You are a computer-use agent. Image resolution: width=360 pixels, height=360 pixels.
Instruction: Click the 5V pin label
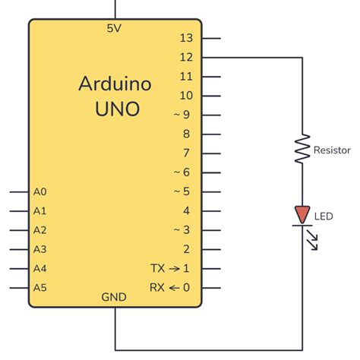coord(115,28)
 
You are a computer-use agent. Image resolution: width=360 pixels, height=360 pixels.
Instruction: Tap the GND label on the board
coord(115,298)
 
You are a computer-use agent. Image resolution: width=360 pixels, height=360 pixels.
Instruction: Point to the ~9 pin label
coord(182,115)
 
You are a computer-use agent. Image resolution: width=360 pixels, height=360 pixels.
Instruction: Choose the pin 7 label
coord(187,153)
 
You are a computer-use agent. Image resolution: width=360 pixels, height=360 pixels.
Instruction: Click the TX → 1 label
coord(171,268)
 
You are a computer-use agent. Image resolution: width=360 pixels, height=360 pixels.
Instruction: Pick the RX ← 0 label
coord(171,287)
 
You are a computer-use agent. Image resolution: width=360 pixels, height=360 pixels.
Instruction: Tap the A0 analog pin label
coord(40,192)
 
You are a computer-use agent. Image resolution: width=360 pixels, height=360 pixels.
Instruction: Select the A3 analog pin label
coord(40,249)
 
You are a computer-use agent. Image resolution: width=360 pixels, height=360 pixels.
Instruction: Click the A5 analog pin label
coord(40,287)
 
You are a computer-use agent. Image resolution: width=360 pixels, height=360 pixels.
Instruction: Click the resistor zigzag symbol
coord(302,150)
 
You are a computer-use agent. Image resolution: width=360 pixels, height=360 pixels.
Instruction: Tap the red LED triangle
coord(302,215)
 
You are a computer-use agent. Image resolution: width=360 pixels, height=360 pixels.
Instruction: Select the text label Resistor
coord(332,151)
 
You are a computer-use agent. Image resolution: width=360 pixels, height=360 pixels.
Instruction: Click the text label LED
coord(324,216)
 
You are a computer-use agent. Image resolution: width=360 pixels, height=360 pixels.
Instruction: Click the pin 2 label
coord(187,249)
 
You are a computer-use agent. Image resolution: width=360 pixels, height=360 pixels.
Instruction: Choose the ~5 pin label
coord(182,191)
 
